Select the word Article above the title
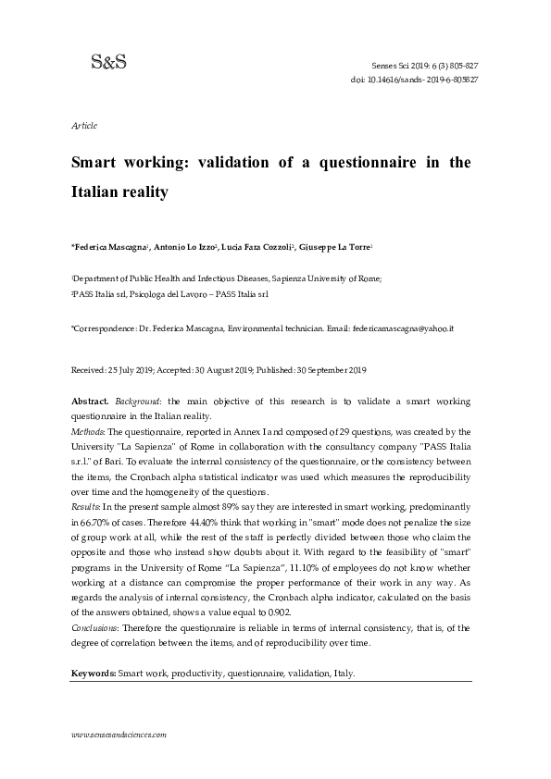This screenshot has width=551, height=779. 84,125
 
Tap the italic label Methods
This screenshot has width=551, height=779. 88,431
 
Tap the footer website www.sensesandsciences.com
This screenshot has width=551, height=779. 119,734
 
